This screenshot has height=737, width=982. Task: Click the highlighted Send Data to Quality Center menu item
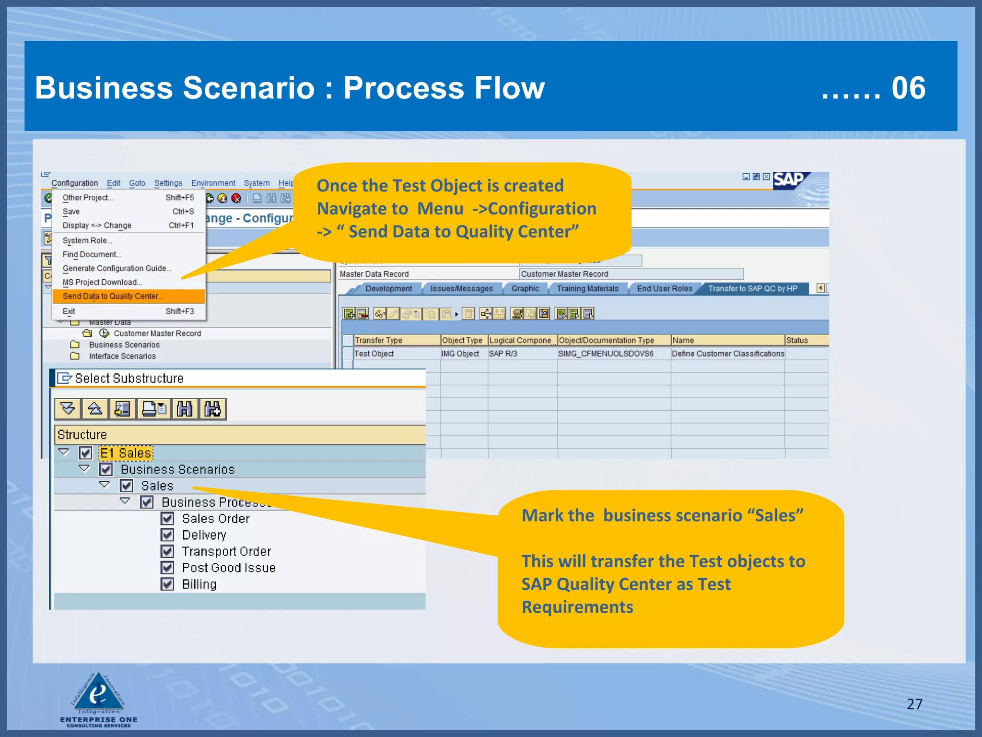tap(113, 296)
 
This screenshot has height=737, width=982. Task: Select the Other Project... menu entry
tap(88, 197)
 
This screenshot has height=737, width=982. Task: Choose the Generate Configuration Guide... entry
tap(117, 268)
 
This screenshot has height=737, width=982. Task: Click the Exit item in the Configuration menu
tap(69, 311)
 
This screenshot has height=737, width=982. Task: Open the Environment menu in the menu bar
tap(213, 183)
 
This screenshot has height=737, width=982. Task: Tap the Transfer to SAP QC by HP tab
tap(752, 288)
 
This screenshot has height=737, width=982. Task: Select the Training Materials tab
tap(587, 288)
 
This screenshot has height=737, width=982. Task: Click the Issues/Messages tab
tap(461, 288)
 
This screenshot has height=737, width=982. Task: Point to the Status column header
tap(797, 340)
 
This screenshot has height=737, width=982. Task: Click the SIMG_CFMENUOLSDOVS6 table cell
tap(606, 354)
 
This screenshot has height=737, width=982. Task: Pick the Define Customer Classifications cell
tap(727, 354)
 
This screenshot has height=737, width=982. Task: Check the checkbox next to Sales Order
tap(167, 519)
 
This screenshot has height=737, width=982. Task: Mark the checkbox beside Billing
tap(167, 584)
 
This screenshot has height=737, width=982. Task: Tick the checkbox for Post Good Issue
tap(167, 568)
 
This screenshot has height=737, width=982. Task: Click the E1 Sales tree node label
tap(126, 453)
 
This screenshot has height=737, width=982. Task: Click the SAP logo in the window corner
tap(790, 180)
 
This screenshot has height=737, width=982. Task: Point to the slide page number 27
tap(914, 704)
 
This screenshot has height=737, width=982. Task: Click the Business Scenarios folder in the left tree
tap(124, 345)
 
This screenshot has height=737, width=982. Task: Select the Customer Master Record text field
tap(631, 274)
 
